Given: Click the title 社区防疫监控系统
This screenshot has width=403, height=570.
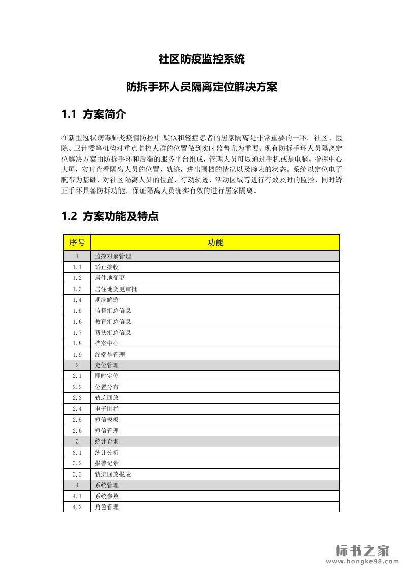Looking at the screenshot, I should point(201,59).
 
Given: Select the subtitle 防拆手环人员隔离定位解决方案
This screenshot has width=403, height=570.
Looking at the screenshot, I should point(201,87).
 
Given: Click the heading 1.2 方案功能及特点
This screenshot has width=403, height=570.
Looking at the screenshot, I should point(110,216).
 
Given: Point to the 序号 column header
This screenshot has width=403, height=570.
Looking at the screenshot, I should point(77,242).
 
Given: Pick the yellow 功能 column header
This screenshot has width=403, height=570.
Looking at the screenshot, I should point(215,242).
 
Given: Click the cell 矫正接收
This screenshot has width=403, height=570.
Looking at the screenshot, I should point(107,267).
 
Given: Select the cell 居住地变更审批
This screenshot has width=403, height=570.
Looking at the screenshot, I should point(116,289).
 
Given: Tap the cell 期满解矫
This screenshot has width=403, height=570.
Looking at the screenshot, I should point(107,300).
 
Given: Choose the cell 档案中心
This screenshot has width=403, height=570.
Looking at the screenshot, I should point(107,343).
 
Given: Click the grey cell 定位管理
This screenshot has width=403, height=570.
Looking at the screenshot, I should point(107,365).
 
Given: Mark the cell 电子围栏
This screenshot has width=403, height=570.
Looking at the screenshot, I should point(107,409).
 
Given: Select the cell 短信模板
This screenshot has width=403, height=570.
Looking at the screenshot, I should point(107,420).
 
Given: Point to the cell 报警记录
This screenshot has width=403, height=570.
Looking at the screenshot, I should point(107,463).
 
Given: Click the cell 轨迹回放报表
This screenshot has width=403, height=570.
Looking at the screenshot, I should point(113,474).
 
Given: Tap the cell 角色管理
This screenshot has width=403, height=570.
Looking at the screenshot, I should point(107,507).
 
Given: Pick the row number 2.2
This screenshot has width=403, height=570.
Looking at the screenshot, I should point(77,387).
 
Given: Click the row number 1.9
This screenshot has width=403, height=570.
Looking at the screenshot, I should point(77,355).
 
